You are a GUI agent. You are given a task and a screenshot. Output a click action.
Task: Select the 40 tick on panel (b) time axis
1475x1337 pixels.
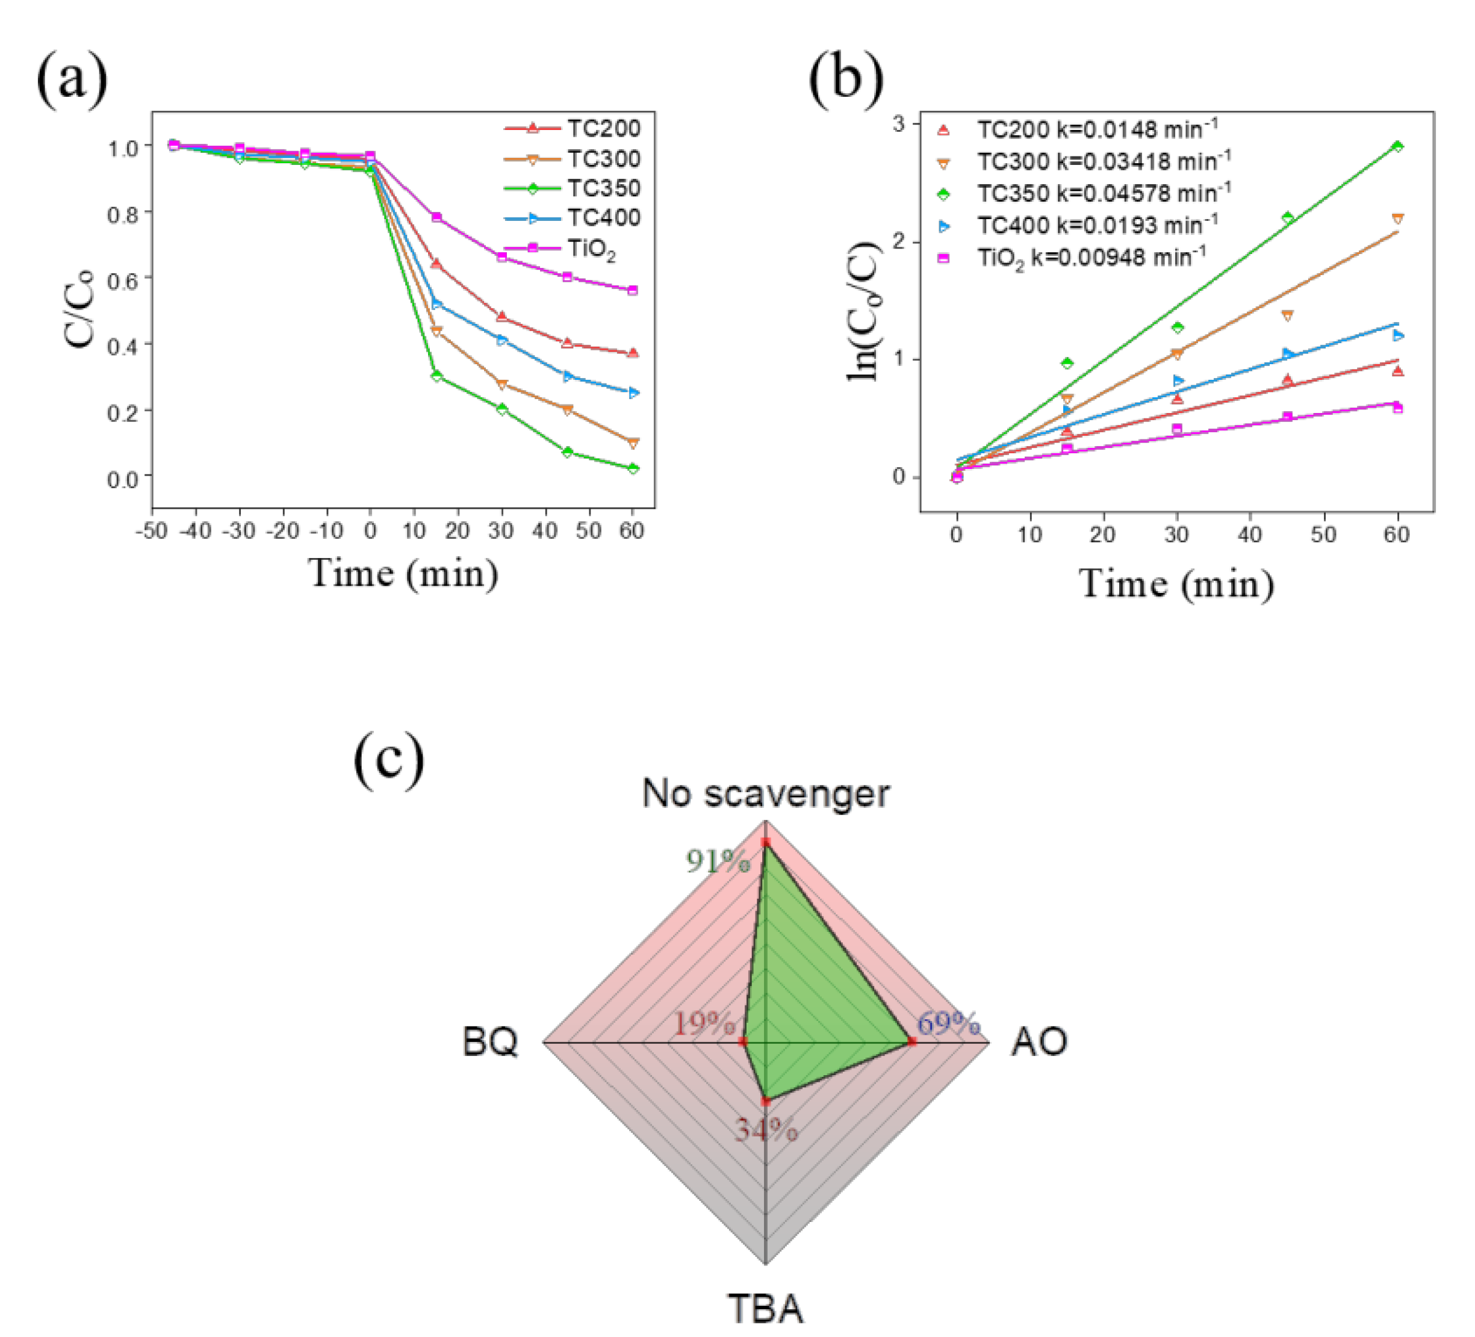(1250, 535)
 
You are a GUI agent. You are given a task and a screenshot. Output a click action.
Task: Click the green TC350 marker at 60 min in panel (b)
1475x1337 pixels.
(1397, 146)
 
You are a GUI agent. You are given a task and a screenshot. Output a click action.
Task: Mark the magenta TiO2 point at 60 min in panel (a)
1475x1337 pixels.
(633, 290)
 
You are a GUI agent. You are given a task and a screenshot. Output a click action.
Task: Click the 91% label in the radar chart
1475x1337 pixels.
(718, 861)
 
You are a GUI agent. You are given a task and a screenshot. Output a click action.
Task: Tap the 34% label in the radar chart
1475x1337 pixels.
(766, 1130)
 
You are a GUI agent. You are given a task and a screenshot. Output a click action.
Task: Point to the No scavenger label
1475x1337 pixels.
(765, 793)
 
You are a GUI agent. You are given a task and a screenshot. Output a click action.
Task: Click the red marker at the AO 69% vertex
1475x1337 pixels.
(911, 1041)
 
